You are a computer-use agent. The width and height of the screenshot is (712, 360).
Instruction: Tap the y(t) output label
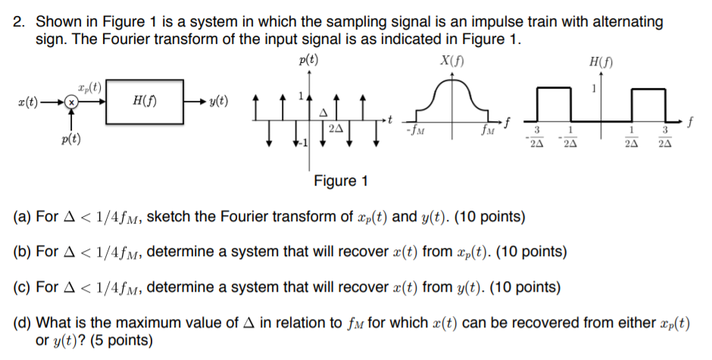[222, 102]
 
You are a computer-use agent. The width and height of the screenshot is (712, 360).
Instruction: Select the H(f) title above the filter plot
[599, 61]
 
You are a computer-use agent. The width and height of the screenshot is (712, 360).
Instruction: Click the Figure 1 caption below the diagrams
[341, 180]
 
